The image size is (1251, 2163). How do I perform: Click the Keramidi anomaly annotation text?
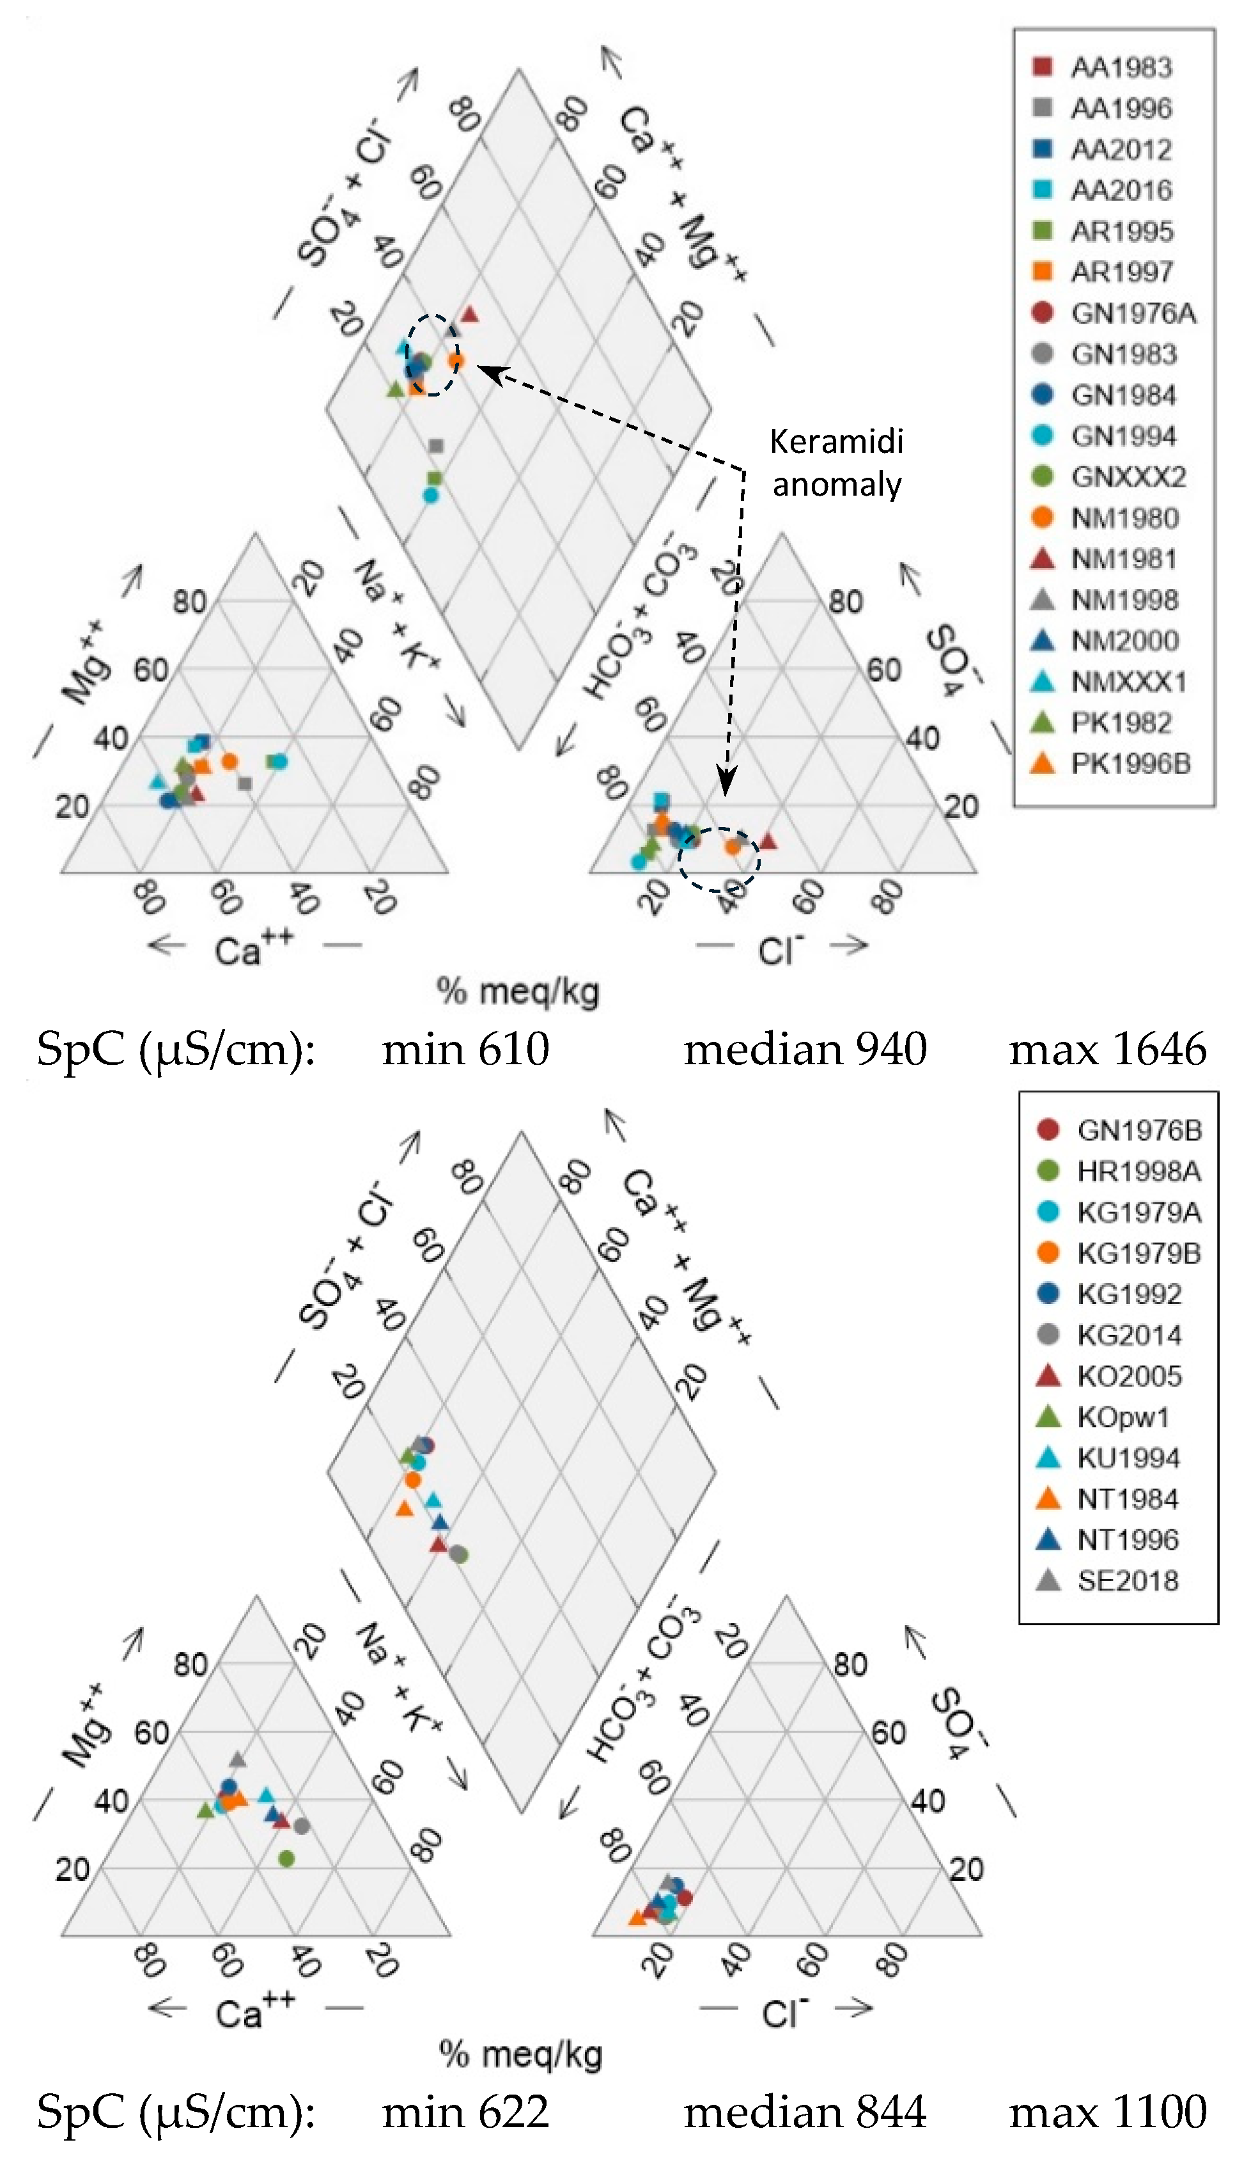[837, 462]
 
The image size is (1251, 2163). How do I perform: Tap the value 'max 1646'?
[1107, 1049]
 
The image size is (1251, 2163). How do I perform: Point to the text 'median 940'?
[805, 1049]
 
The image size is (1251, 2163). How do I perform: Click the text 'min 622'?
[464, 2111]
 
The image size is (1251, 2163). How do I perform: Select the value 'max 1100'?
[1107, 2111]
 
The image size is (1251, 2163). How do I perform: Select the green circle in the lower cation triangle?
[286, 1859]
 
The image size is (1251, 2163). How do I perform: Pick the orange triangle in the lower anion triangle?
[637, 1917]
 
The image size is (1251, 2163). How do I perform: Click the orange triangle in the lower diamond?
[404, 1508]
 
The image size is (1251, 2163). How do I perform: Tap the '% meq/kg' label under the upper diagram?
[517, 991]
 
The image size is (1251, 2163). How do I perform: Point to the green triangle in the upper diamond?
[394, 389]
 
